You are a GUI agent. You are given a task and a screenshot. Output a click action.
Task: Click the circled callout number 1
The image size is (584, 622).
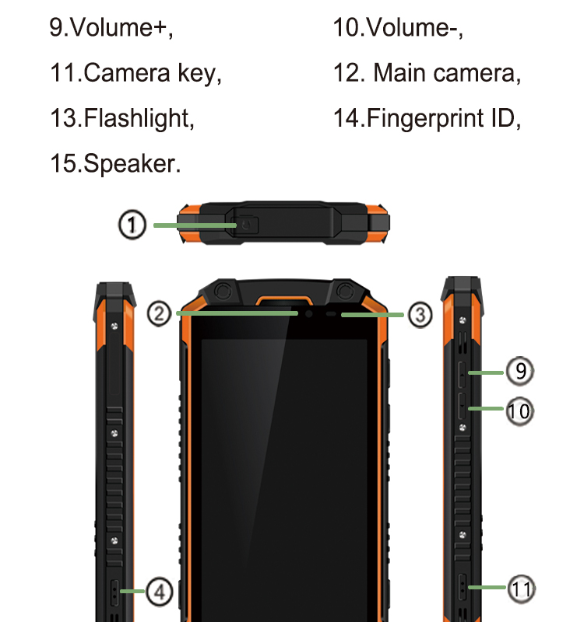132,225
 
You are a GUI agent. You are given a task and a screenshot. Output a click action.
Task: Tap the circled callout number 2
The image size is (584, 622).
159,314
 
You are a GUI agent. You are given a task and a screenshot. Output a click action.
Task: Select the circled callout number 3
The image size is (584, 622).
419,315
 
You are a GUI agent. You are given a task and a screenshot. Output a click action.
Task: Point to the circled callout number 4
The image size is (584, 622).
159,592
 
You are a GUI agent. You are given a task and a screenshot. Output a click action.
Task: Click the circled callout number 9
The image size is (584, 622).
519,372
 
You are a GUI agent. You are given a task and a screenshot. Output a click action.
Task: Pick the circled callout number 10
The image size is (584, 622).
519,410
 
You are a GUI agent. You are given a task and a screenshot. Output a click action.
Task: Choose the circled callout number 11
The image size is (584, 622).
522,589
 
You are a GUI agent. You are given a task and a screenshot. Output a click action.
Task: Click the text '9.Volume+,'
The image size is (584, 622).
111,28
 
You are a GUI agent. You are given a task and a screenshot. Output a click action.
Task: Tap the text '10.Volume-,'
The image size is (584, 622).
398,28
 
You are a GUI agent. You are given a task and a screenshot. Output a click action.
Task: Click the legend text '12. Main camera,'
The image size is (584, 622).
427,73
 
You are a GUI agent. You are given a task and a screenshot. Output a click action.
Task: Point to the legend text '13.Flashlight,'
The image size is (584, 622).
121,118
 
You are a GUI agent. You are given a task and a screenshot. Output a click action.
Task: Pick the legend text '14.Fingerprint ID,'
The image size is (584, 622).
427,118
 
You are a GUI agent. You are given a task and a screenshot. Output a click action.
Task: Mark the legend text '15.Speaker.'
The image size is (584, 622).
115,163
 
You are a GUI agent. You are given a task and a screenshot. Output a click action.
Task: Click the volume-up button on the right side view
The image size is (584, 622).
462,372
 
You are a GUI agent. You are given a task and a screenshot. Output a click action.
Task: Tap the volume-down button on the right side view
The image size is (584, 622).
462,409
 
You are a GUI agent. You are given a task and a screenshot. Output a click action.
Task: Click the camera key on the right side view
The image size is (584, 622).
463,588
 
